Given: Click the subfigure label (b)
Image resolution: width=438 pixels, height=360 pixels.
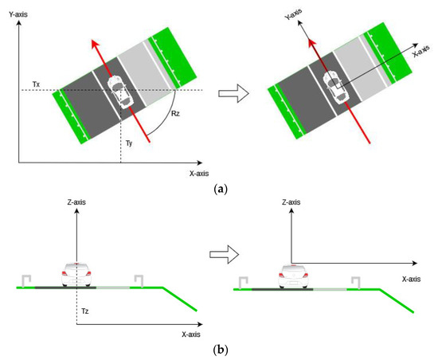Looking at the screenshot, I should point(217,349).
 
